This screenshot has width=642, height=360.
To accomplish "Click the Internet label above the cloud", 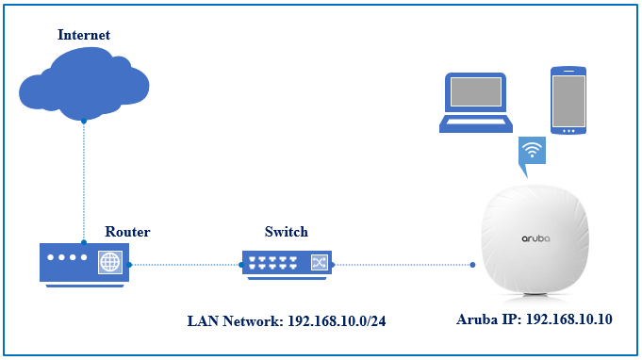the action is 84,35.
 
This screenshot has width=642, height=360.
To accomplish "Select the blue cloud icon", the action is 84,84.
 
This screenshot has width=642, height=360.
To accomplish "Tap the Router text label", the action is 127,232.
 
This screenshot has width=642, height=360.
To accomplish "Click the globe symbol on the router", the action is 110,262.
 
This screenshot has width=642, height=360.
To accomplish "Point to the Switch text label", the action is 287,232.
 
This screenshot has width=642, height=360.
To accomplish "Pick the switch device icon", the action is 287,265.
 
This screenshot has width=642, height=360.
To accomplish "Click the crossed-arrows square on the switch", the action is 319,262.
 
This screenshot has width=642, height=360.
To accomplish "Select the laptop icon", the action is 476,103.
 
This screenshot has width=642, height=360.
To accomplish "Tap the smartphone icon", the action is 568,100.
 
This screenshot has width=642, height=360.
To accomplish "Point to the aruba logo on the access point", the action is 535,238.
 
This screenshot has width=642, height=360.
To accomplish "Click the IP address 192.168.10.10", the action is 568,319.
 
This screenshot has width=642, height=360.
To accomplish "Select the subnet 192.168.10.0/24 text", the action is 337,321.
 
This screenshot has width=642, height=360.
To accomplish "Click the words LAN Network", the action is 235,321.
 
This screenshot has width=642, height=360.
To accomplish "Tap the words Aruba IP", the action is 489,319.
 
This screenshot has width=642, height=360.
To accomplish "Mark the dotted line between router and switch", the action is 185,265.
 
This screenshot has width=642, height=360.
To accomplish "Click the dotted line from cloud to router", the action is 84,182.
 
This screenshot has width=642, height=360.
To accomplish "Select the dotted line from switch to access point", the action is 403,265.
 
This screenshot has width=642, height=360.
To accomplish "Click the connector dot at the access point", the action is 472,265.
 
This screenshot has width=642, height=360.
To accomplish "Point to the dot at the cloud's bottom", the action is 84,121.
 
